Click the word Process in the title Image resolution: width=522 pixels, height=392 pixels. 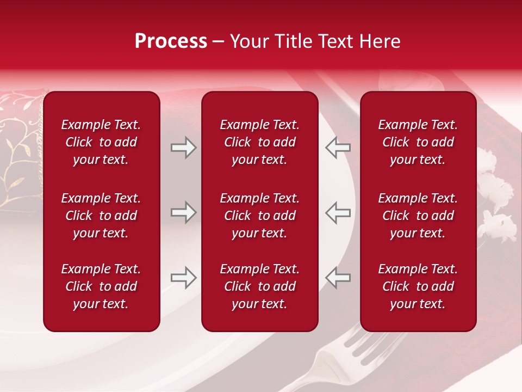pos(171,41)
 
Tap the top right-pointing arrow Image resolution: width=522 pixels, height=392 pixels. pos(183,148)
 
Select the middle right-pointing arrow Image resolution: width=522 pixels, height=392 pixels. pos(183,213)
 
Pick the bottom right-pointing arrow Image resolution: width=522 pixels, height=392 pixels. pos(183,278)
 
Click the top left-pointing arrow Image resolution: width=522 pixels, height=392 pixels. pos(338,148)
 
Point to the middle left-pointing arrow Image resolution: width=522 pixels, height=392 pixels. pos(338,213)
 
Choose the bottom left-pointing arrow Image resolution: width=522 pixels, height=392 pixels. pos(338,278)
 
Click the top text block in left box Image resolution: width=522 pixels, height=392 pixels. pos(101,142)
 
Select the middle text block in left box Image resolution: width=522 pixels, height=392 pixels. pos(101,216)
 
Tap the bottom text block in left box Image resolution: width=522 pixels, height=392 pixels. pos(101,286)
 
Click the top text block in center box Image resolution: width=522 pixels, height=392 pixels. pos(259,142)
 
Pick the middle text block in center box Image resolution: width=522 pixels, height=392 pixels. pos(259,216)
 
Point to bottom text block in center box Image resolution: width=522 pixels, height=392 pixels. pos(259,286)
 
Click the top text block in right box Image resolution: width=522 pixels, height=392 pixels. pos(418,142)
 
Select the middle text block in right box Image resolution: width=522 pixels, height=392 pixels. pos(418,216)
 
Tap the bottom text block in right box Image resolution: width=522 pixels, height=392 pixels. pos(418,286)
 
